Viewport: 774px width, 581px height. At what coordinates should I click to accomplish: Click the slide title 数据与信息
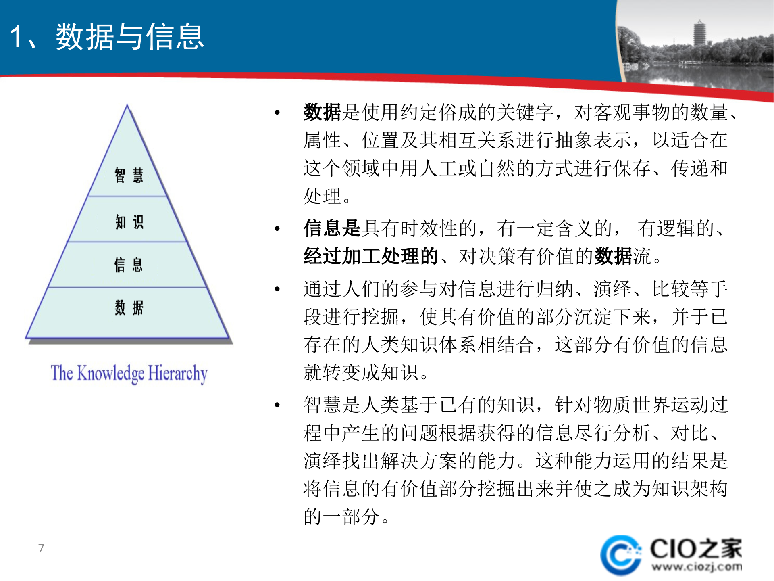point(130,37)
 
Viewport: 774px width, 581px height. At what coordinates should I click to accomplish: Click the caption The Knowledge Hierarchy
point(129,373)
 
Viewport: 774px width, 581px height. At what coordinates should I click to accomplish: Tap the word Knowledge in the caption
point(110,373)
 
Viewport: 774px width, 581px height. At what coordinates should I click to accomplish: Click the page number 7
point(41,548)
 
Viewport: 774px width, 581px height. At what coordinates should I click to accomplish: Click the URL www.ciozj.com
point(697,567)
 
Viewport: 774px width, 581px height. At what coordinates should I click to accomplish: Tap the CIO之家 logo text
point(696,549)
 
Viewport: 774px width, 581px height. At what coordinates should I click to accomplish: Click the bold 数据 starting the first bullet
point(322,112)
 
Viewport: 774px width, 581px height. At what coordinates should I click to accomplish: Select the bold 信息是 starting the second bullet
point(331,228)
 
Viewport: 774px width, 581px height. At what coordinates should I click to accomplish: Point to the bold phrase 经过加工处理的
point(370,256)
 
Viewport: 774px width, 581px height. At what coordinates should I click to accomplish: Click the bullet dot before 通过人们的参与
point(277,289)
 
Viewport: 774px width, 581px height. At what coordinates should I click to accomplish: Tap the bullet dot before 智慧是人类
point(277,405)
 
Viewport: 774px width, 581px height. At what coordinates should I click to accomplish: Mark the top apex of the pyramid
point(127,106)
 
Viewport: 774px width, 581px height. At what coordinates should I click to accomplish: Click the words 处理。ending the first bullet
point(327,196)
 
